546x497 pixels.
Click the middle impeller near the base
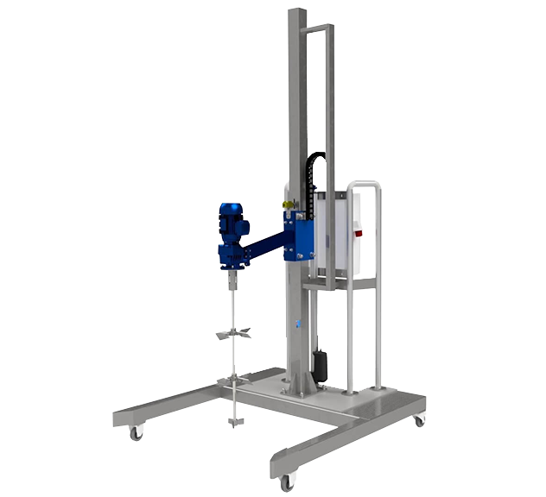pyautogui.click(x=232, y=379)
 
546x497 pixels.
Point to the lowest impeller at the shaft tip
pyautogui.click(x=232, y=422)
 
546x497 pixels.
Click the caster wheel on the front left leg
pyautogui.click(x=136, y=433)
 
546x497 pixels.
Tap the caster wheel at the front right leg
pyautogui.click(x=287, y=482)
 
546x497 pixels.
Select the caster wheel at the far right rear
pyautogui.click(x=419, y=420)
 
